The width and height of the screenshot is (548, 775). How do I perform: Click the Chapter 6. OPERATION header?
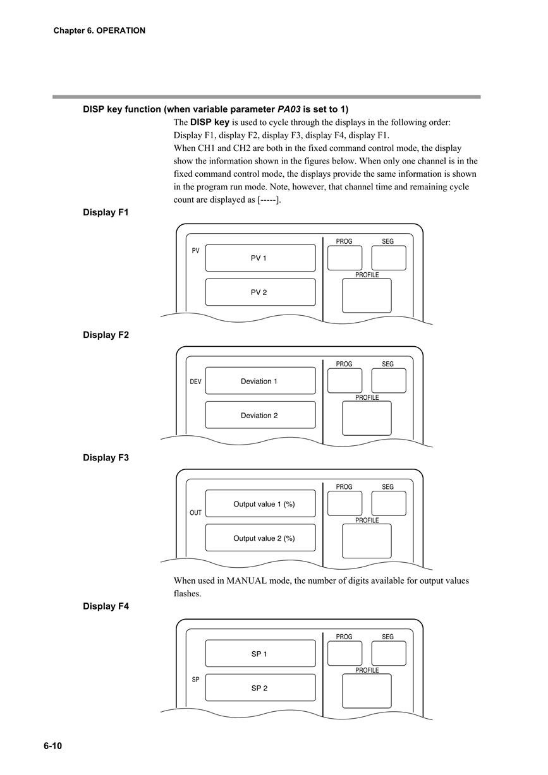(99, 30)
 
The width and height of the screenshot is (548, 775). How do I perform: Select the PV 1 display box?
(260, 258)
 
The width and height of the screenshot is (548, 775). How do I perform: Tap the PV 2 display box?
(260, 292)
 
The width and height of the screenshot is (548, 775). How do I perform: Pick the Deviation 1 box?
(260, 381)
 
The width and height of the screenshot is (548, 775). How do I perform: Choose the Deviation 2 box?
(260, 415)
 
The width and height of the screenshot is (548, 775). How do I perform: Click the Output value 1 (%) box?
(260, 503)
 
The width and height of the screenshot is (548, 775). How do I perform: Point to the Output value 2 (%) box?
(260, 538)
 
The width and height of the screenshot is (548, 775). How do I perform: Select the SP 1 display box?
(260, 653)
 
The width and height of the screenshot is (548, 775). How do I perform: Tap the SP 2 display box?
(260, 687)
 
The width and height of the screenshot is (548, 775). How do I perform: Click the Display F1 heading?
(106, 212)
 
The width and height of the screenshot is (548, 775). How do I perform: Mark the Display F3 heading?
(106, 457)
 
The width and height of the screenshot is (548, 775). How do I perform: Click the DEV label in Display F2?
(195, 381)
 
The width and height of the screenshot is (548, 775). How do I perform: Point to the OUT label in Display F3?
(195, 513)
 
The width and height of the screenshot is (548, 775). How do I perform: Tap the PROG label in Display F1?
(344, 241)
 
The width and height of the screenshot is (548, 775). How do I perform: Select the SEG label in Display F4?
(387, 637)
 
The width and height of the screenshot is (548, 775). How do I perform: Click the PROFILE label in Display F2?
(367, 397)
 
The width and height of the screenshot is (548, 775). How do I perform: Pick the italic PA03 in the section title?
(289, 109)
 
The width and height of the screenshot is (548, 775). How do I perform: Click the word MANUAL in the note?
(247, 580)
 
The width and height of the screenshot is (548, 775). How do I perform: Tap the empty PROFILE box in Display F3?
(367, 541)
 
